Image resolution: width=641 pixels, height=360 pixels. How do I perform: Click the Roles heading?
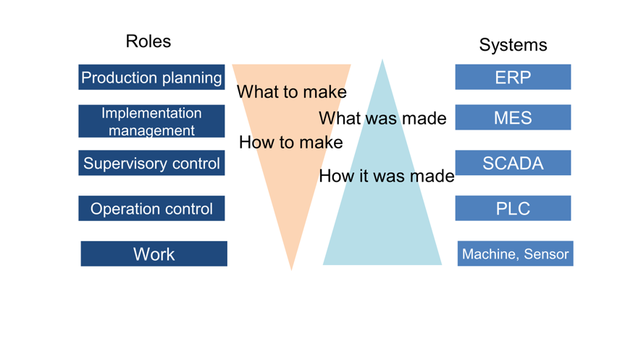click(148, 41)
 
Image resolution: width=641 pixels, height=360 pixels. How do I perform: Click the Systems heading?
click(513, 45)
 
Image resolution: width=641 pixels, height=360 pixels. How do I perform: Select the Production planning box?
click(151, 78)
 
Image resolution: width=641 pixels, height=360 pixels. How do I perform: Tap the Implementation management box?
click(151, 122)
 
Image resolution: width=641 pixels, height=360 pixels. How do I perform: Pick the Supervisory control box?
click(151, 163)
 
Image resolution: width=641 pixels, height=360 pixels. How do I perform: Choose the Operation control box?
click(151, 209)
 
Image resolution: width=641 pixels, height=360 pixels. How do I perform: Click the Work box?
click(154, 254)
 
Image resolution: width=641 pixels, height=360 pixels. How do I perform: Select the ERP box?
click(513, 78)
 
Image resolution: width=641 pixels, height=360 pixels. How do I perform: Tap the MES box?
click(513, 117)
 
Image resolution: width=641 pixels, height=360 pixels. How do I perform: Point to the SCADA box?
click(513, 163)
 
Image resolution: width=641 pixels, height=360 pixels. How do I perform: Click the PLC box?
click(513, 209)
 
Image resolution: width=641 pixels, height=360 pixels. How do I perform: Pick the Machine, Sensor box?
click(515, 254)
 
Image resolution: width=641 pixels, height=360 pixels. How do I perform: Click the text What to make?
click(291, 92)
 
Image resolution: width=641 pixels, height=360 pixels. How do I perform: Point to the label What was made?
click(382, 118)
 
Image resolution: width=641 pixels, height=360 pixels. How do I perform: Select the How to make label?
click(290, 142)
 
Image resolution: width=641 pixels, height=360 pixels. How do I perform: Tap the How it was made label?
click(387, 175)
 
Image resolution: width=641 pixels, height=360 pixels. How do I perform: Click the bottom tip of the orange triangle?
click(291, 269)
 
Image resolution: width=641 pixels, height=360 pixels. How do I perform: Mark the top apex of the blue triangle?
click(382, 61)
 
